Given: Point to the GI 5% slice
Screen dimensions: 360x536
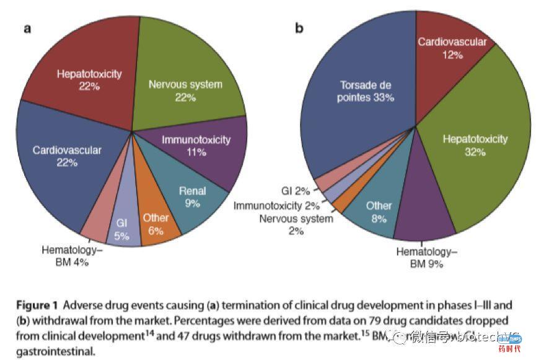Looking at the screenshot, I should (122, 229).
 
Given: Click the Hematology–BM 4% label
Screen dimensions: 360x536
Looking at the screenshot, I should (69, 257).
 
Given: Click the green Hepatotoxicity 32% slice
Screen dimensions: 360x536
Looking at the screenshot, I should (475, 146).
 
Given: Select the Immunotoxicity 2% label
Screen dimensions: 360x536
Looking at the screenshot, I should (276, 206).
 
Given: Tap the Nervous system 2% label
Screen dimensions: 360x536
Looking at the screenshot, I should (296, 224).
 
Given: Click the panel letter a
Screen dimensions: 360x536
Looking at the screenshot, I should (28, 29).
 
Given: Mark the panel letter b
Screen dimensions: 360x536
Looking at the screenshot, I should (299, 29).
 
